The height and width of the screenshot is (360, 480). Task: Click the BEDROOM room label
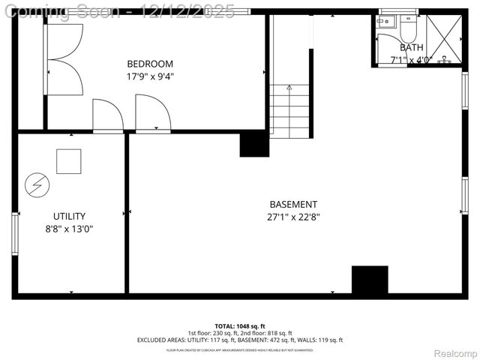pos(150,63)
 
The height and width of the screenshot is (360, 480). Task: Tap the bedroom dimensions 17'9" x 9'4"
pos(150,76)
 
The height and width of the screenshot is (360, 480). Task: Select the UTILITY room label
pos(69,216)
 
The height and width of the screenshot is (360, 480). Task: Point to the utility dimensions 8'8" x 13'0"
pos(69,229)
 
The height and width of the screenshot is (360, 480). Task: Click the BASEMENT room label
pos(293,204)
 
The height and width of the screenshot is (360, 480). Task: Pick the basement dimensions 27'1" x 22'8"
pos(293,217)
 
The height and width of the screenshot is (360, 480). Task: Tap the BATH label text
pos(411,47)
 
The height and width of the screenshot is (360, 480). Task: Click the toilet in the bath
pos(409,28)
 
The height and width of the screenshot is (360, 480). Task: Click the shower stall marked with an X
pos(444,40)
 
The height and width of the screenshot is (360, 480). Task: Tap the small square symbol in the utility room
pos(69,161)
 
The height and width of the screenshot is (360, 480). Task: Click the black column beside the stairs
pos(254,143)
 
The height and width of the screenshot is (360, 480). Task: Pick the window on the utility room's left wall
pos(15,234)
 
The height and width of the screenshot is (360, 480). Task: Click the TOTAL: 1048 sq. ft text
pos(240,326)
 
